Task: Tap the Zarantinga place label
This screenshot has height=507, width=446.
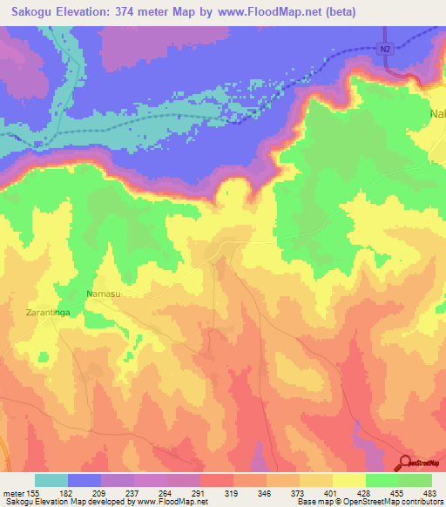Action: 39,310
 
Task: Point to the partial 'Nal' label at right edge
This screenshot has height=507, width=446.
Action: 436,114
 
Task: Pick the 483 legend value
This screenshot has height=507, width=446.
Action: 429,493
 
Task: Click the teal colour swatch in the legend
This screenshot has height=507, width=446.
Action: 51,480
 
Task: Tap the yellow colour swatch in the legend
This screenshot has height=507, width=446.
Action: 348,480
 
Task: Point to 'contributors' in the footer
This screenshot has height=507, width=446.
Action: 422,503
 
